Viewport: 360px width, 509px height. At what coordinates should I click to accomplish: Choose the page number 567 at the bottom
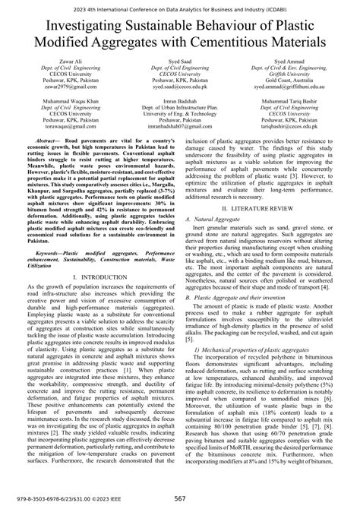(180, 498)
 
